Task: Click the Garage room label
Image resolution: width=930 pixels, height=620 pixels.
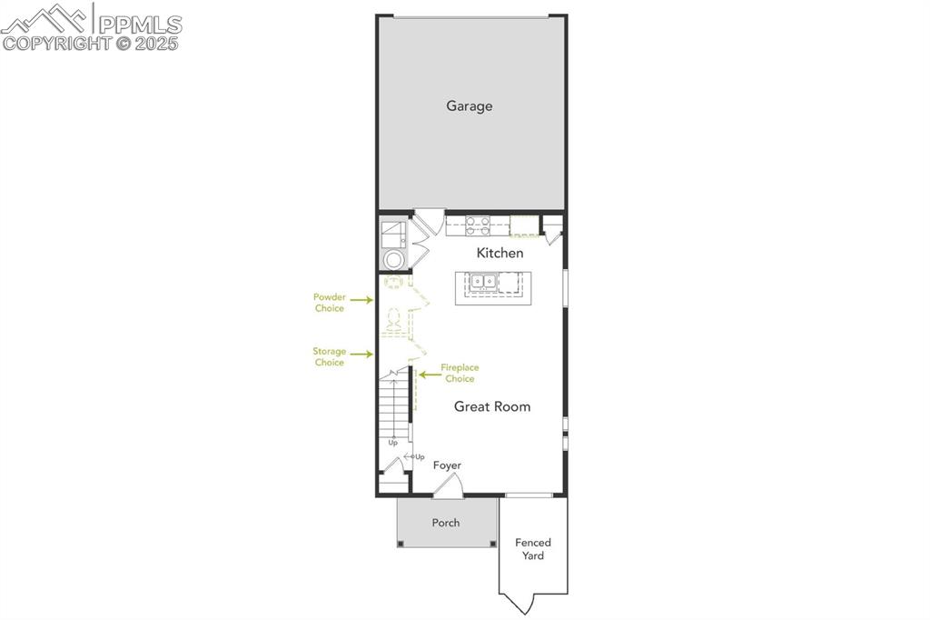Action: click(x=469, y=105)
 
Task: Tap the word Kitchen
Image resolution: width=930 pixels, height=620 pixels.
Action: click(x=500, y=253)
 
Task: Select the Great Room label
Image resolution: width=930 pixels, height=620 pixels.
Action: click(x=492, y=406)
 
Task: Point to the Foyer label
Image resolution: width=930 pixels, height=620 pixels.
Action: click(x=447, y=465)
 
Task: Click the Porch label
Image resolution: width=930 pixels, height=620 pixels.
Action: click(x=446, y=523)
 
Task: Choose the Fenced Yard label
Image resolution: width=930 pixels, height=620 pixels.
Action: click(x=533, y=549)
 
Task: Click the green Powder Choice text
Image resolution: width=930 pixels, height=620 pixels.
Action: click(x=329, y=303)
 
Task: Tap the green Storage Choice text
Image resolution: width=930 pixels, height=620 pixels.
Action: click(x=329, y=356)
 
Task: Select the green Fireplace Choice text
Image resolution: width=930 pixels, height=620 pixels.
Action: click(x=460, y=373)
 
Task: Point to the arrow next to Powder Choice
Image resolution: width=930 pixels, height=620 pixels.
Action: click(x=361, y=299)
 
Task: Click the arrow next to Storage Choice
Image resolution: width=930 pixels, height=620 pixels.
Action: click(x=361, y=354)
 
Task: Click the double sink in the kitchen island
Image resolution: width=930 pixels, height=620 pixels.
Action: click(x=482, y=282)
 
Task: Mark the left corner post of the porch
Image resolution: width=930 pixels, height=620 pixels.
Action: click(x=401, y=544)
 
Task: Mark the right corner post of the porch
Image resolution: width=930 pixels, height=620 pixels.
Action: click(x=493, y=544)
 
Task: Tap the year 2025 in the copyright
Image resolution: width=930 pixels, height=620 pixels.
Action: click(x=160, y=43)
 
